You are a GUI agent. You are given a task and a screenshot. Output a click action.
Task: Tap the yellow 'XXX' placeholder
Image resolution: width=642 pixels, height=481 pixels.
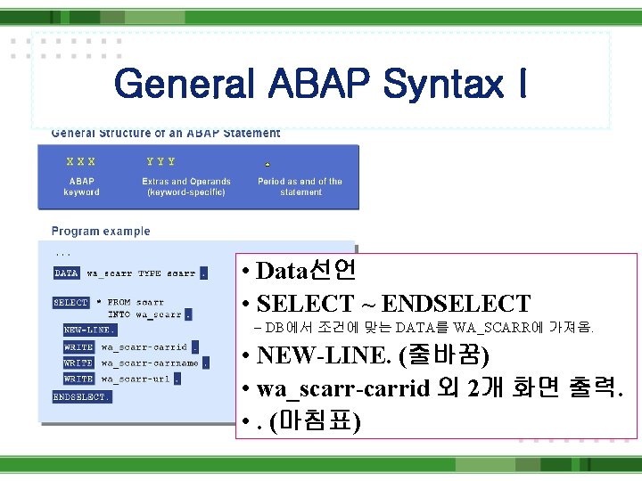(81, 162)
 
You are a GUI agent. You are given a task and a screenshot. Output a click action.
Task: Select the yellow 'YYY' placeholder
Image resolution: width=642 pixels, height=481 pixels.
(160, 162)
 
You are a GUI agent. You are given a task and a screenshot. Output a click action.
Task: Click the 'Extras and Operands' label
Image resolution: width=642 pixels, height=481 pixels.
(186, 182)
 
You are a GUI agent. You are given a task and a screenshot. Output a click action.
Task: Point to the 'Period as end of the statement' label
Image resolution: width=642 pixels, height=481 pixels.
(300, 186)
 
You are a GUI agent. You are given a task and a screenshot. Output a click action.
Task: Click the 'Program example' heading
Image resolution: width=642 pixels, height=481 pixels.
(101, 232)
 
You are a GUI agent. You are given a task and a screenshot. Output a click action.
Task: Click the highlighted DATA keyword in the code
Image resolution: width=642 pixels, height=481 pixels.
(67, 273)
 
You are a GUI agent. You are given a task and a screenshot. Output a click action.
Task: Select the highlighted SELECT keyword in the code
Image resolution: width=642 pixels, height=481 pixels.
(71, 303)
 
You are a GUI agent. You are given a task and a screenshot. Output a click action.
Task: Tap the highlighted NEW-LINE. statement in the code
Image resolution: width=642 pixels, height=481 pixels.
(89, 330)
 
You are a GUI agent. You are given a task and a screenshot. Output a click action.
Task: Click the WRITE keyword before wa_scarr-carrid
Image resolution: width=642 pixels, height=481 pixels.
(78, 347)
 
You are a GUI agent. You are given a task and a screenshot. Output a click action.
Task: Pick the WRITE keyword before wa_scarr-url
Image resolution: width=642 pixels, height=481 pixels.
(78, 379)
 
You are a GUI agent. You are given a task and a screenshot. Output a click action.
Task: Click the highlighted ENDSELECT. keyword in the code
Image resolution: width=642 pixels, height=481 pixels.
(82, 396)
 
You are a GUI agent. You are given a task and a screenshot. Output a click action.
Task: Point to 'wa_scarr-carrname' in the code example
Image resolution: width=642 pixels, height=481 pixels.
(150, 363)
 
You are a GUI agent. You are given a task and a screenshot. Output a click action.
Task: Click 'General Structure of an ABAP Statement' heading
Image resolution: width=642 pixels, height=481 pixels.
(166, 134)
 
